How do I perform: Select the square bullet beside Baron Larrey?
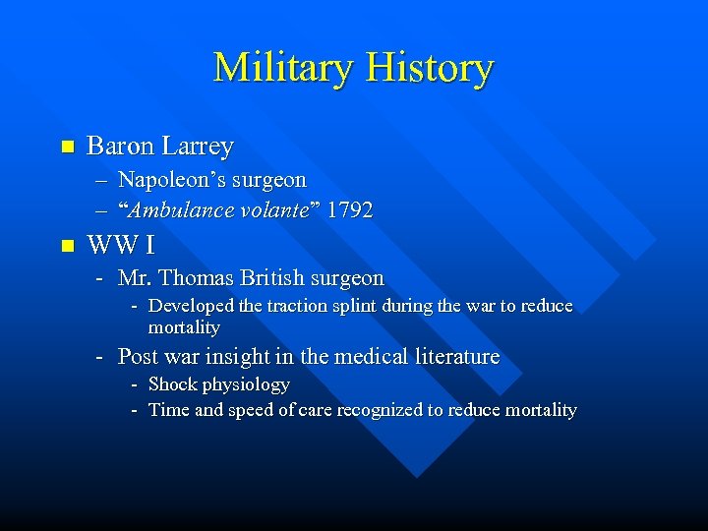click(x=67, y=147)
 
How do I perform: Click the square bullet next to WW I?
click(x=67, y=243)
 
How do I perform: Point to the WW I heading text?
click(x=121, y=243)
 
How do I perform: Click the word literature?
click(x=459, y=357)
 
